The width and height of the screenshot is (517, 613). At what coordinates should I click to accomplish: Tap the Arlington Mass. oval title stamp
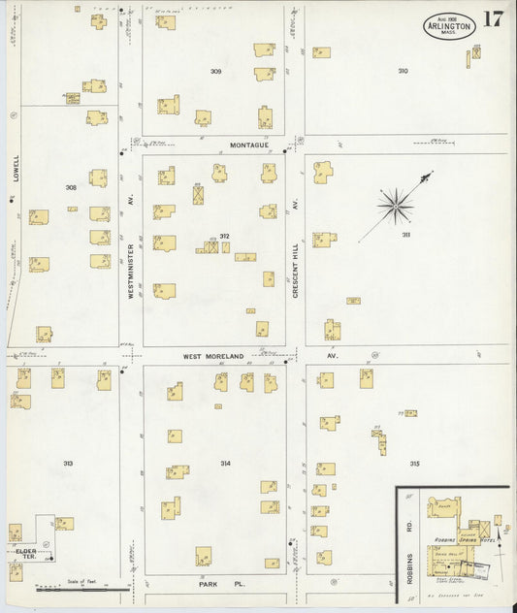coord(449,27)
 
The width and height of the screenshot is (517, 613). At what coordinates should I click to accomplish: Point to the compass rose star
coord(395,204)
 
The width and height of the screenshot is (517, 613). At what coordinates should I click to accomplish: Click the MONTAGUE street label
coord(254,145)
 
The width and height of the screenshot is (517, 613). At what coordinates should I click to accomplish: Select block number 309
coord(215,72)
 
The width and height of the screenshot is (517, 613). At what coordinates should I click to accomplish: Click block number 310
coord(402,71)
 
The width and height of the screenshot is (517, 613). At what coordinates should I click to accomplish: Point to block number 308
coord(71,187)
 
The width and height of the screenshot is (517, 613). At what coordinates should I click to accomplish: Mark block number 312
coord(224,236)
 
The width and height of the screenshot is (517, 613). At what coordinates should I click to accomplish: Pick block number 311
coord(405,236)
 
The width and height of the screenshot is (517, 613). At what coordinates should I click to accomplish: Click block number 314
coord(225,464)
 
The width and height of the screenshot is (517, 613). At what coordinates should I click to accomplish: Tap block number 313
coord(69,464)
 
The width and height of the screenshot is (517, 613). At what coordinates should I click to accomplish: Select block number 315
coord(414,464)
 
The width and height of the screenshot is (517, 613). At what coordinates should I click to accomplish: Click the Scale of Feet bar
coord(83,587)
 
